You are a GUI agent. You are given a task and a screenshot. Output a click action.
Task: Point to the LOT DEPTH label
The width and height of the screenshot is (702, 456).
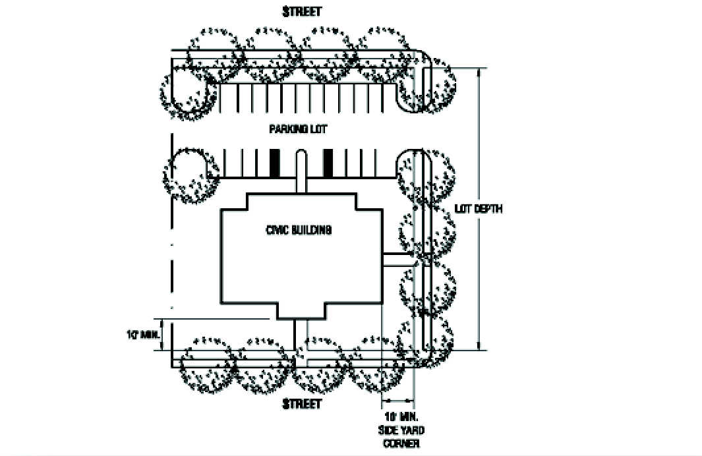(x=479, y=209)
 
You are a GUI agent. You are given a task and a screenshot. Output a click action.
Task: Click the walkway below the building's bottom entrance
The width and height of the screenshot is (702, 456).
(x=301, y=336)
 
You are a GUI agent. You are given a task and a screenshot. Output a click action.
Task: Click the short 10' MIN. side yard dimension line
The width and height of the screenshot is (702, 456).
(x=398, y=400)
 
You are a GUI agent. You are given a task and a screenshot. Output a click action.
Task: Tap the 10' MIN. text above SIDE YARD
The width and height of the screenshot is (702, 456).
(x=401, y=418)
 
